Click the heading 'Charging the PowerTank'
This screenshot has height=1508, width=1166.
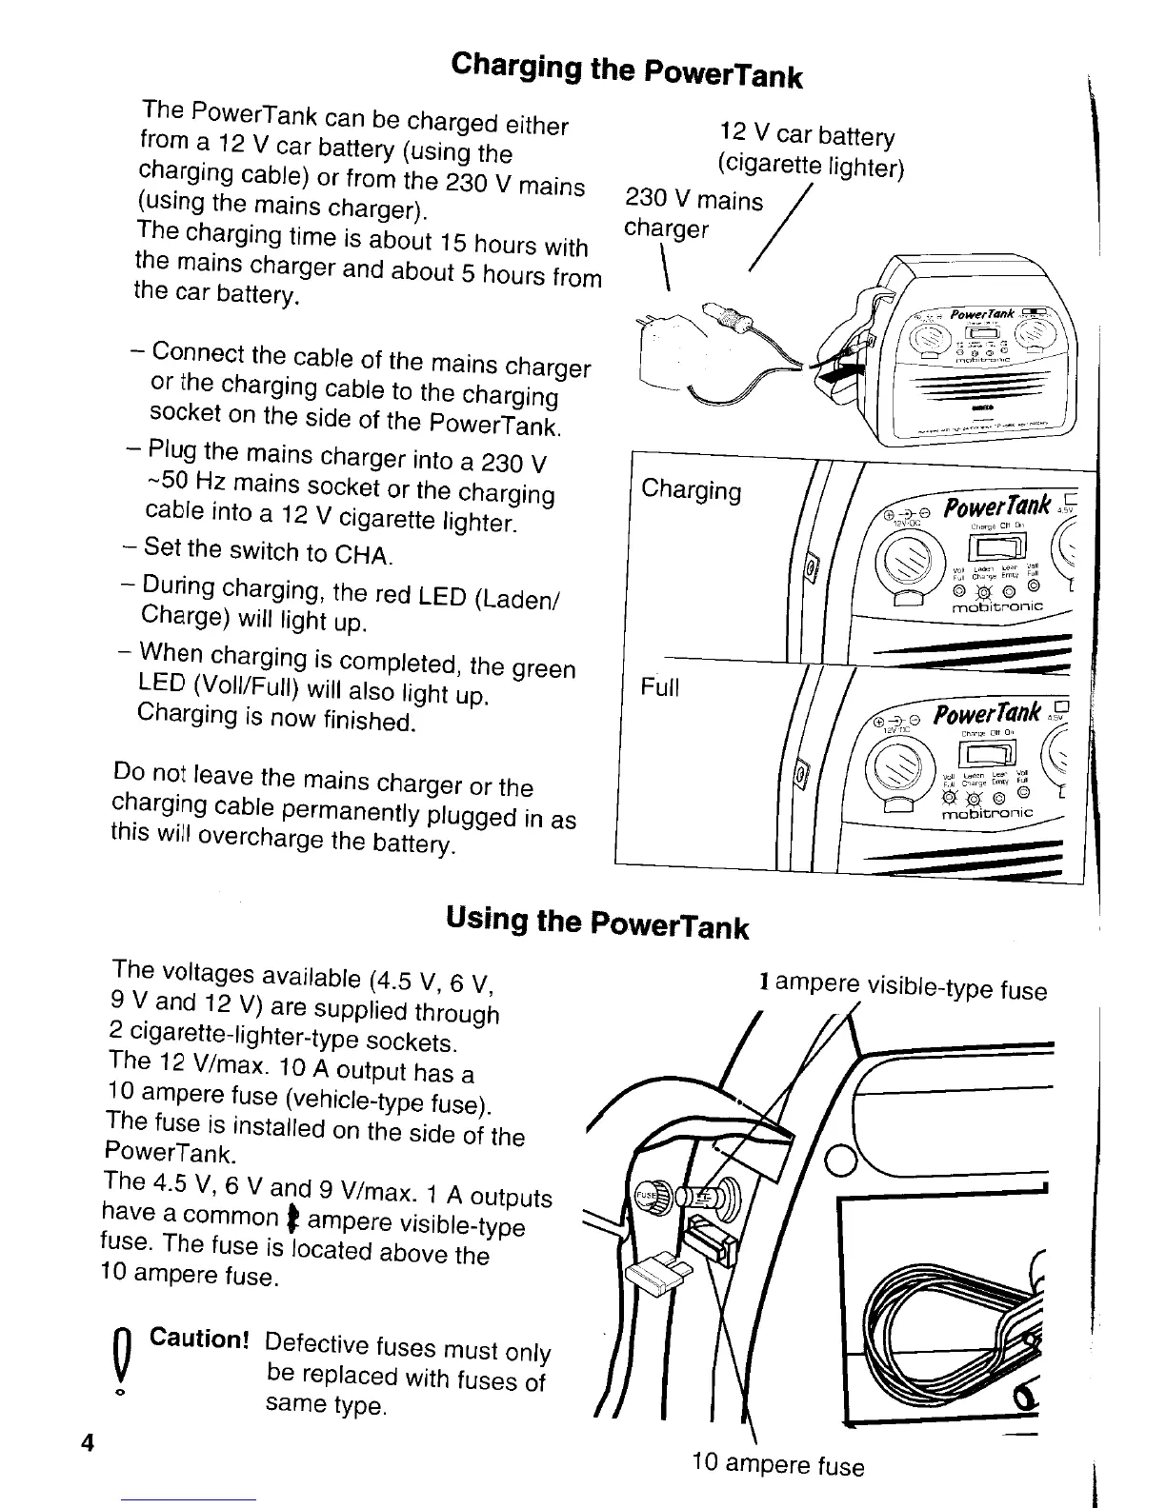(x=627, y=68)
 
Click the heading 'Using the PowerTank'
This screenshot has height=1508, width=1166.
(x=596, y=922)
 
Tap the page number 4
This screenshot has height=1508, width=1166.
(x=88, y=1442)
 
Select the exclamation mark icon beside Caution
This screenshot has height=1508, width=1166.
(x=121, y=1362)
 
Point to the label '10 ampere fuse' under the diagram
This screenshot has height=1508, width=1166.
(x=779, y=1463)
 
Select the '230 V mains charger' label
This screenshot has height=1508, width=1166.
(x=693, y=213)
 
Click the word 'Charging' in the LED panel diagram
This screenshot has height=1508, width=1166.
(x=691, y=489)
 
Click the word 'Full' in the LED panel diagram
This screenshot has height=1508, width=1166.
(x=660, y=685)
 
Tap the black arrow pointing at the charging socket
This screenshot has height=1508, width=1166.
(x=838, y=373)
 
